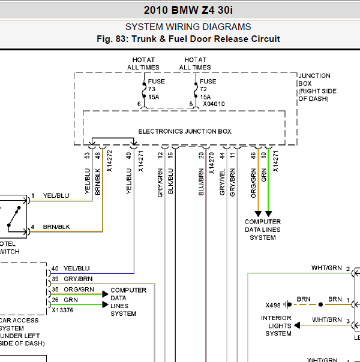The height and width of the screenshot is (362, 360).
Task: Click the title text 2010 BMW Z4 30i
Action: (x=188, y=10)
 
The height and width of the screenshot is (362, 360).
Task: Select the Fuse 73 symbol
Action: (x=144, y=90)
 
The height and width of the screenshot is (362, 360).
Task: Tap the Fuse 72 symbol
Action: (x=196, y=90)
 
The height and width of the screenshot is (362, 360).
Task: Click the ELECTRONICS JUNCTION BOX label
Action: (x=185, y=131)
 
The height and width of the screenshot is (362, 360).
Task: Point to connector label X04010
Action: (x=214, y=104)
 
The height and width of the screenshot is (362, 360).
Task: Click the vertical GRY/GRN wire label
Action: (x=160, y=183)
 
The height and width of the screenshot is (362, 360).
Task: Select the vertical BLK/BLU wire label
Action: (x=170, y=181)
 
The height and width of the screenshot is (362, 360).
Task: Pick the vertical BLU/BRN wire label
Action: (x=201, y=182)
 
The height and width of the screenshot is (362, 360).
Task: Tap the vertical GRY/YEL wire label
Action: (x=222, y=182)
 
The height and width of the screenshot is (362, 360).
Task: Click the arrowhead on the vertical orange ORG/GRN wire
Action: (x=258, y=213)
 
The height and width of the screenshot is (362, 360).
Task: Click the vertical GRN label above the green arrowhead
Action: (x=263, y=175)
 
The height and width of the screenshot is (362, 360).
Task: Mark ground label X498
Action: (x=273, y=305)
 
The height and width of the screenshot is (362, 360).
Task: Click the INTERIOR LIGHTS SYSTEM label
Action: (x=277, y=326)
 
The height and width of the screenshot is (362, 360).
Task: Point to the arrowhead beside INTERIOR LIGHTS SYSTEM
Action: (x=297, y=325)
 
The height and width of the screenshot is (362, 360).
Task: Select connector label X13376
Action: (x=62, y=310)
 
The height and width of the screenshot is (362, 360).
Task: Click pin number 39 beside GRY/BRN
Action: (x=55, y=279)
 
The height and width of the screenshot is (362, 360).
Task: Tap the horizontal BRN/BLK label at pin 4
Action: (x=56, y=227)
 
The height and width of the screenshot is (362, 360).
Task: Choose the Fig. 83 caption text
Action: (x=188, y=39)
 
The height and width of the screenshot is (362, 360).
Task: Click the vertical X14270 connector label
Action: (x=211, y=163)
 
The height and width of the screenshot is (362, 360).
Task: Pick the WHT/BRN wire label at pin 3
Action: (x=327, y=320)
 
